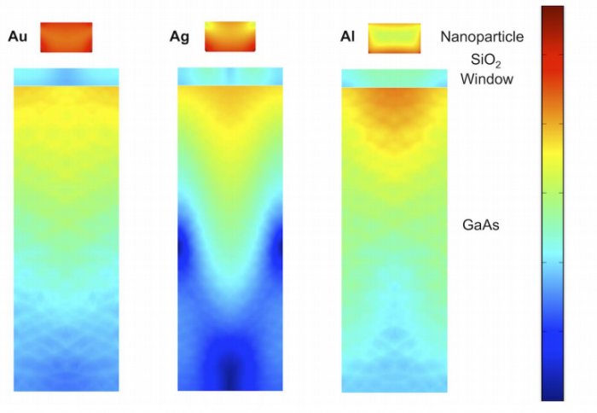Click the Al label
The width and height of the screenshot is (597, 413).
pos(347,37)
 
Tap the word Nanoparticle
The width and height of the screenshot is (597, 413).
pos(482,37)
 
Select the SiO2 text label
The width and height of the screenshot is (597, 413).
pos(488,61)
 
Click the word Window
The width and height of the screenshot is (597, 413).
pos(486,79)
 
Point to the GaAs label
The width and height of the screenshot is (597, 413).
pos(481,225)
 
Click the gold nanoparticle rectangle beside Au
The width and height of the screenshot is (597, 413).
pos(66,37)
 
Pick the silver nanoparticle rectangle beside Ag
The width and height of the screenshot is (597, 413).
pos(229,37)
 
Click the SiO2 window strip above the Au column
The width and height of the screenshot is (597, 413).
pos(65,77)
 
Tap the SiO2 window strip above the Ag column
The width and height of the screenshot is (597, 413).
pos(229,77)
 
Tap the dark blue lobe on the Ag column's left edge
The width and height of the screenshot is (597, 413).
pos(183,247)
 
